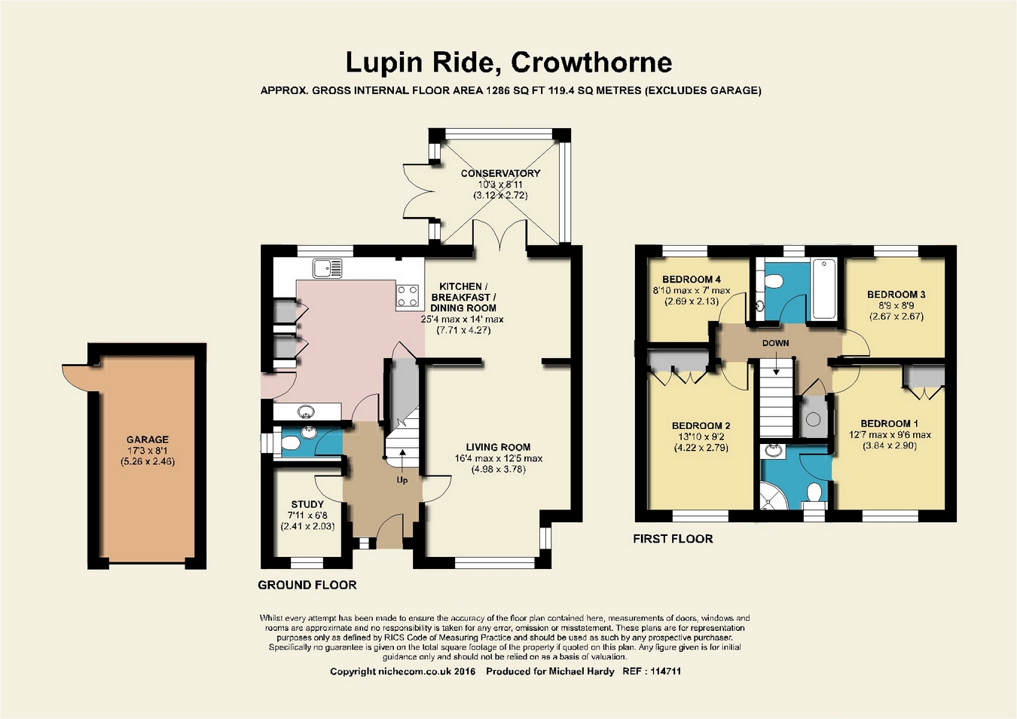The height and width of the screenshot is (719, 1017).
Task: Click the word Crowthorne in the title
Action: click(x=591, y=63)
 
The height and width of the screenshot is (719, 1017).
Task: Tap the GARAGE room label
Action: click(x=148, y=439)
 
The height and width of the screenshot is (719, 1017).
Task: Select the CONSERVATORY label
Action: click(x=500, y=173)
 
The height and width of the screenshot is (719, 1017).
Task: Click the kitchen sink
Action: click(x=328, y=268)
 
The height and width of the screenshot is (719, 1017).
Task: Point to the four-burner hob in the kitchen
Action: click(x=408, y=296)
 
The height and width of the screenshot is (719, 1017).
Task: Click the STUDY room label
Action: click(x=307, y=504)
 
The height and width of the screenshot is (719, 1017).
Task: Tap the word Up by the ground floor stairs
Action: click(x=402, y=480)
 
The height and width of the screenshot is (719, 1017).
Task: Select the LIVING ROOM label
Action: click(x=498, y=447)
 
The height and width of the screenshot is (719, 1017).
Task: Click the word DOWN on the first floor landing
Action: click(x=775, y=343)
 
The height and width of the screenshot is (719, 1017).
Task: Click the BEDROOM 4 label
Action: click(x=692, y=280)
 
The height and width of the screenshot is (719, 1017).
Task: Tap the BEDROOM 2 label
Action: click(x=701, y=426)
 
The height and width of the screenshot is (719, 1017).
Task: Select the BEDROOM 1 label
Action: click(x=890, y=424)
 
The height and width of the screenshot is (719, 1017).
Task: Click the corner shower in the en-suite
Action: click(x=773, y=495)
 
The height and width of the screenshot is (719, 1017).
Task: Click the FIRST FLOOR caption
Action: click(x=673, y=539)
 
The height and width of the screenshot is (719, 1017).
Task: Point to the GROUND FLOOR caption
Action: click(x=307, y=585)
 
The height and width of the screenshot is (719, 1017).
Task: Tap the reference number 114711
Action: click(x=666, y=672)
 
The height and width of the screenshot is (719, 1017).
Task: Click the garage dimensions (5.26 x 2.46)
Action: click(x=148, y=462)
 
